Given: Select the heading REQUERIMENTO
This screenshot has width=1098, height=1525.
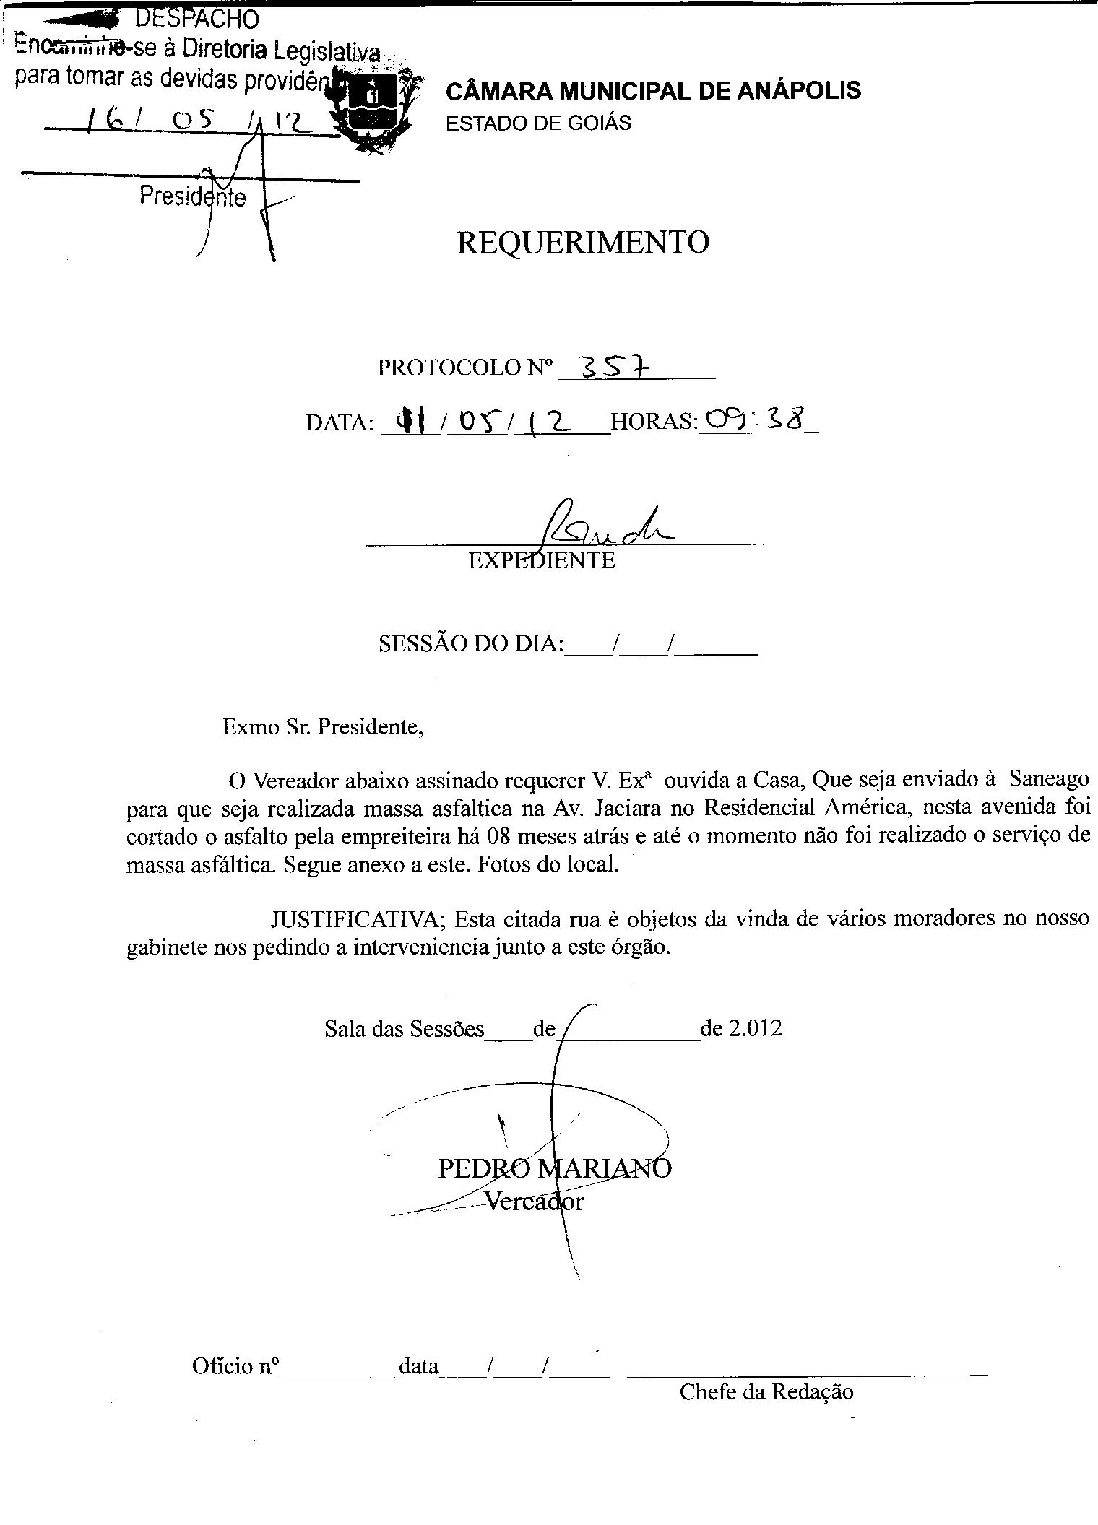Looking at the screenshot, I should point(582,243).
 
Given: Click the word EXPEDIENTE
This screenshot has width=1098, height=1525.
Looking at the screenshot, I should point(541,560).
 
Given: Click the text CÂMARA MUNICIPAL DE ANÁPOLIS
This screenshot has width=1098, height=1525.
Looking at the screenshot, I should point(653,91).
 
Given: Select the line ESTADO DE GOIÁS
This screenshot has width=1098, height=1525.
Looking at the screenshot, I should point(538,123).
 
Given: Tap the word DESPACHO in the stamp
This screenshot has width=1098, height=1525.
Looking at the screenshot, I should point(196,17).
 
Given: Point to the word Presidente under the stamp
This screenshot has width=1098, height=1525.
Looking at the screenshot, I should point(192,196).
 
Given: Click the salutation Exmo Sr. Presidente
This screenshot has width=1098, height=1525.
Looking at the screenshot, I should point(322,726).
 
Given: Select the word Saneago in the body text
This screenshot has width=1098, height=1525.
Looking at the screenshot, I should point(1049,780).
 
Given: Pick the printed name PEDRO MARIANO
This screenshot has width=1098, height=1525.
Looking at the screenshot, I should point(554,1168).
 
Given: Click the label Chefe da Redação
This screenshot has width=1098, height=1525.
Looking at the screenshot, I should point(766,1392).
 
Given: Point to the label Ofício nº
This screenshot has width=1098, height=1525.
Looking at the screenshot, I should point(235,1366).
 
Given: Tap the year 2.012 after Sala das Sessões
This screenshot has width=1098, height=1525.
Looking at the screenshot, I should point(754,1028).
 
